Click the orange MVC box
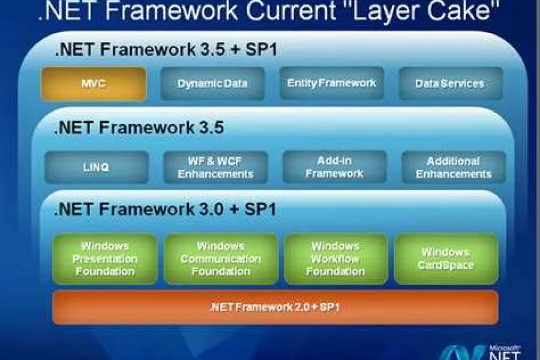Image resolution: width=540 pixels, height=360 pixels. point(94,83)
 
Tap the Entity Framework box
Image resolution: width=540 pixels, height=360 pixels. point(332,83)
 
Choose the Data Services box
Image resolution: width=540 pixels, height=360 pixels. point(450,83)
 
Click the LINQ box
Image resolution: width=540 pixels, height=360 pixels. point(96,167)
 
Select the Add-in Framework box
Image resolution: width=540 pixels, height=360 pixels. point(334,167)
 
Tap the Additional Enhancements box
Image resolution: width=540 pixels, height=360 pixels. point(454,167)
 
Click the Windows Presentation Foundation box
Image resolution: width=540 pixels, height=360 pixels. point(105,259)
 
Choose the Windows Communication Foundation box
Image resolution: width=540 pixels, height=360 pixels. point(221,259)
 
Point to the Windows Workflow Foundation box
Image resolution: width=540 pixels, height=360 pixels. point(335,259)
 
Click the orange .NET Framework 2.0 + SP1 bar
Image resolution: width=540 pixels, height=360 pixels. point(276,307)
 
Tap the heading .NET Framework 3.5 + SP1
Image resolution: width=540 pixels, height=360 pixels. point(166,49)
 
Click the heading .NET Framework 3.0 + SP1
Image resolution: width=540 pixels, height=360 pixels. point(166,209)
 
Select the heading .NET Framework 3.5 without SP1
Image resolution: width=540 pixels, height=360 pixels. point(139,128)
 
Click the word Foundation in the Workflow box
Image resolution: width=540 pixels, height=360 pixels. point(335,271)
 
